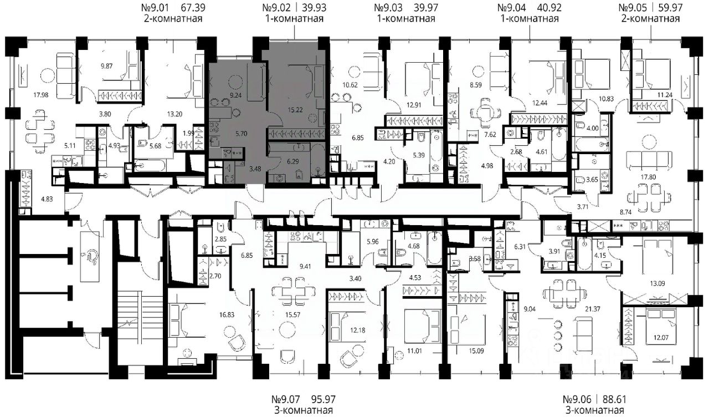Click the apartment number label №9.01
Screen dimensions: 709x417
point(155,7)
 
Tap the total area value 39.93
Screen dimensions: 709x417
point(314,7)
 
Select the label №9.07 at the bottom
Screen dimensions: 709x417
point(285,399)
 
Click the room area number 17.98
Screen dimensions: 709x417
point(41,95)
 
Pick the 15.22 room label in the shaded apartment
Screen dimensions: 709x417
point(295,110)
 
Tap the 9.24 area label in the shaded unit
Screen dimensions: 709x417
point(236,95)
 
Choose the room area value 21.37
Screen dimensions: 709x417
point(593,309)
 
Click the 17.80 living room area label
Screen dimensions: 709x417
point(648,177)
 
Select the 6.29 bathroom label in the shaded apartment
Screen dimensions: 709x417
point(293,161)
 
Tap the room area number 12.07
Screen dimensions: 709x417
point(661,338)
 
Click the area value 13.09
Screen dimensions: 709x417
point(657,283)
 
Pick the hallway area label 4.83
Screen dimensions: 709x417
point(47,199)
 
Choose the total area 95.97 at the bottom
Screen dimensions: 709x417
point(323,399)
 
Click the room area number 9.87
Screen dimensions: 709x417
point(107,66)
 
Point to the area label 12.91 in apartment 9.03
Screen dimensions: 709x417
point(414,105)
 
